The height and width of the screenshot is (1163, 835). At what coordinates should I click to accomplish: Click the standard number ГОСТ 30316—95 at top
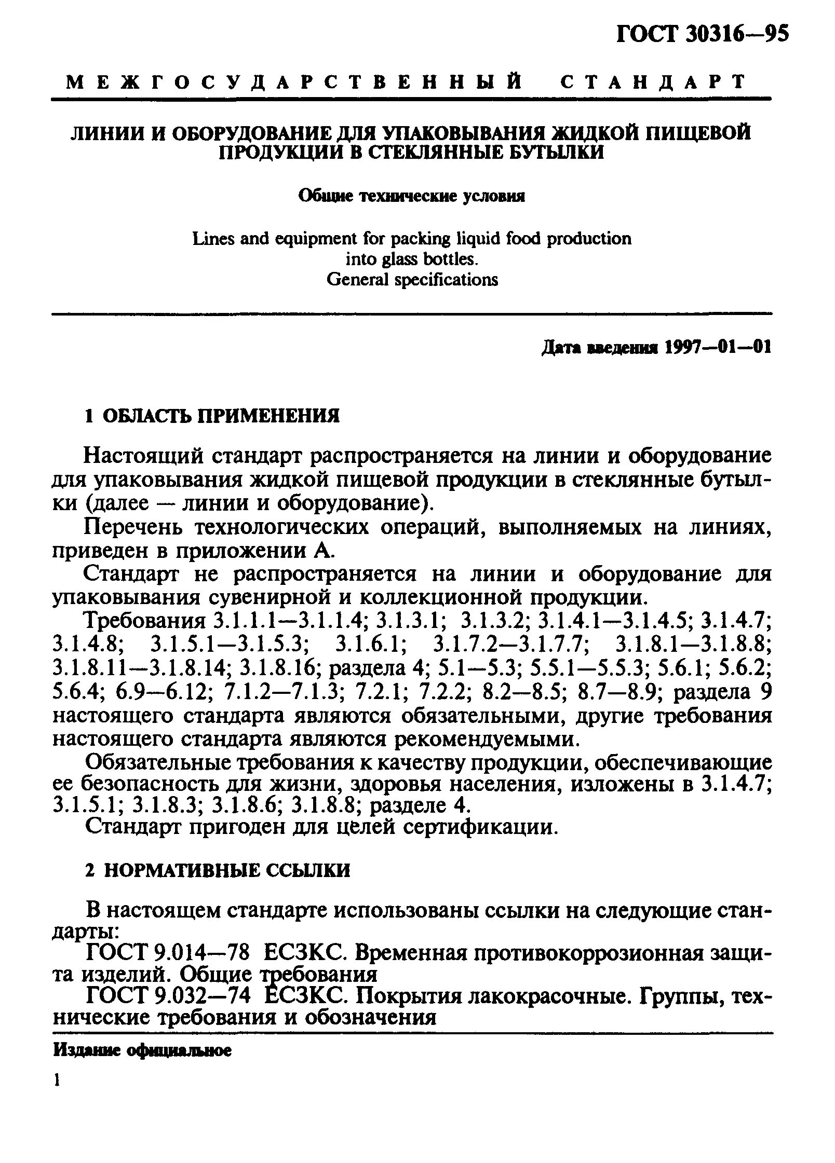point(702,35)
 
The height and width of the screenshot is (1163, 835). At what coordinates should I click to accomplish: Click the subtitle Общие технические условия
point(412,196)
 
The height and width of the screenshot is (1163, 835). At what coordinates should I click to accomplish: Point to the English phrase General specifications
point(412,280)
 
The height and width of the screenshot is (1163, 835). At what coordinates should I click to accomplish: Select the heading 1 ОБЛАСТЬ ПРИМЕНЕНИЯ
point(212,416)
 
